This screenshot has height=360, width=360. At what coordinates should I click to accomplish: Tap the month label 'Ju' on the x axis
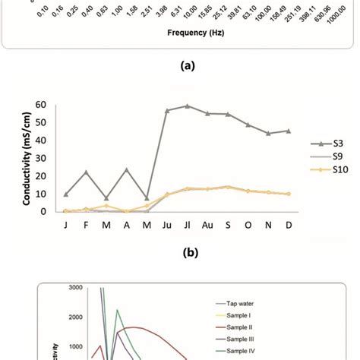(167, 227)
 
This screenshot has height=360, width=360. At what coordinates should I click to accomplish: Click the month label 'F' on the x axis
(87, 227)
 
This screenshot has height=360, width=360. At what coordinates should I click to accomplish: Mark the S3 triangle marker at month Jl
(188, 106)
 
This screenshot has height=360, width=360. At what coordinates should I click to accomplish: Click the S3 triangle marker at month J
(67, 194)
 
